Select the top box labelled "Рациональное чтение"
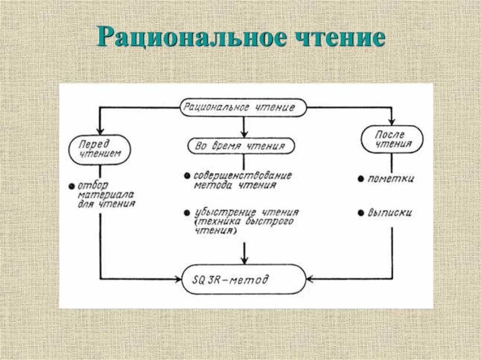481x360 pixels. coord(243,107)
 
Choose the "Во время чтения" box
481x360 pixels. coord(242,146)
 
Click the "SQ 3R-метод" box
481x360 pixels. coord(243,280)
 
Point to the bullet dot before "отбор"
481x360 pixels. coord(71,186)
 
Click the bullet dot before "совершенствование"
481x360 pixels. coord(187,176)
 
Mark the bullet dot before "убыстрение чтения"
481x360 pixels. coord(187,212)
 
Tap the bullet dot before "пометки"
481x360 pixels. coord(360,179)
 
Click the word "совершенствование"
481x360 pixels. coord(243,176)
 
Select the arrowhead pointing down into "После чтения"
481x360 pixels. coord(392,122)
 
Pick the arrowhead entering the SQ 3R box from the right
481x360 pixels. coord(310,280)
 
